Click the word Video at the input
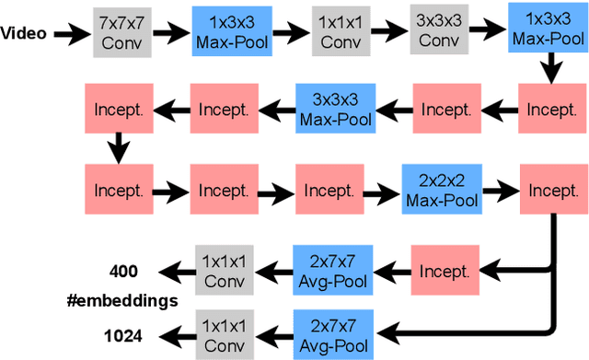point(25,35)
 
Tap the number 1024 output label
point(123,335)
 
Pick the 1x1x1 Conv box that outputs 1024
point(223,334)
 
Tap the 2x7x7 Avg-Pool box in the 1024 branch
point(329,334)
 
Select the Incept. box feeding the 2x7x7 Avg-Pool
point(445,271)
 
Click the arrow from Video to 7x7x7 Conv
point(71,35)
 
